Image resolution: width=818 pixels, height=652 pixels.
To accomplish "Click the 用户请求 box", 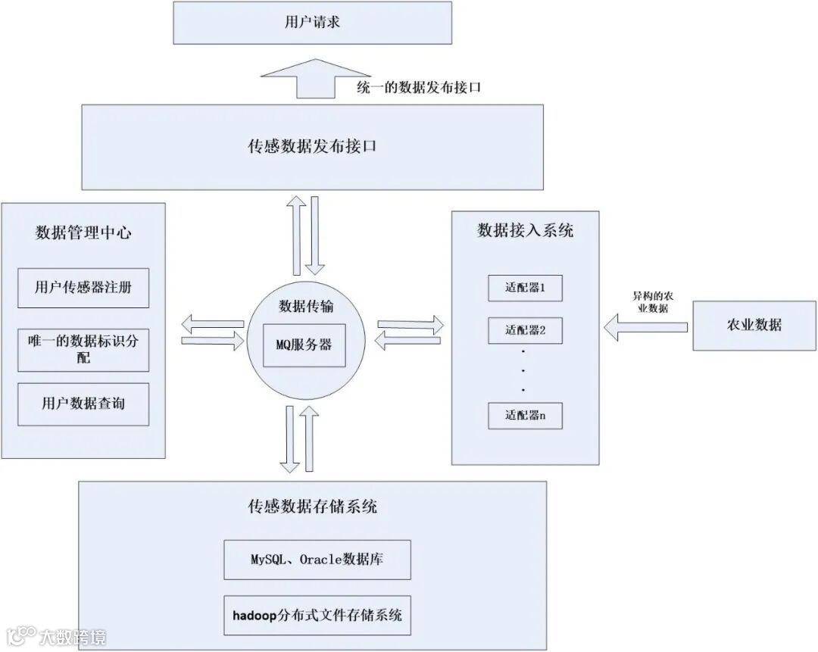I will point(312,22).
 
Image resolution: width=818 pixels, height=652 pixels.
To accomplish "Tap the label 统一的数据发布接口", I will point(419,87).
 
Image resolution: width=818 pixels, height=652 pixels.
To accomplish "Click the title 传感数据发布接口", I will point(312,146).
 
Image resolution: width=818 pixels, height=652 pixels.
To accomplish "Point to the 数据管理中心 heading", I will point(83,232).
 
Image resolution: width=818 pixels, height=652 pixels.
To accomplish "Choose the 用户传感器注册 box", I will point(83,288).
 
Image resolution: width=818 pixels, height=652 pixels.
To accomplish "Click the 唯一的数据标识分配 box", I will point(83,349).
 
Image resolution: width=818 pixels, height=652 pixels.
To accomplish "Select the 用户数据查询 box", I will point(83,404).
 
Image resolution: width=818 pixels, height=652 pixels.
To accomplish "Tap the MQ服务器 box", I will point(304,345).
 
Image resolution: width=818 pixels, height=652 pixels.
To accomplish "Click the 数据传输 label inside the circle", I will point(304,307).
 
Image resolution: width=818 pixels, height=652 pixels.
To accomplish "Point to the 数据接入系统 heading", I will point(525,230).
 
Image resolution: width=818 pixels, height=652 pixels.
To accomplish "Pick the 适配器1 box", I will point(525,288).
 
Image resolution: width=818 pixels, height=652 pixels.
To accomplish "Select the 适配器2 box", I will point(525,329).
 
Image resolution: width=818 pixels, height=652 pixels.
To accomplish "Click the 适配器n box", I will point(525,415).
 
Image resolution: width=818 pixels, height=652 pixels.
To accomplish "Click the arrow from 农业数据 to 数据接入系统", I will point(645,327).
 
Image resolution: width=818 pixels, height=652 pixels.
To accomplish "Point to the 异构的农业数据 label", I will point(650,302).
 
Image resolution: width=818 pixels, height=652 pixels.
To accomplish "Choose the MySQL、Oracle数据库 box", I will point(317,560).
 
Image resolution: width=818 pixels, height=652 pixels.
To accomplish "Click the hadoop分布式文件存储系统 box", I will point(317,614).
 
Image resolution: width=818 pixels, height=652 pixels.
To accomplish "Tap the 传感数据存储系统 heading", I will point(312,507).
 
